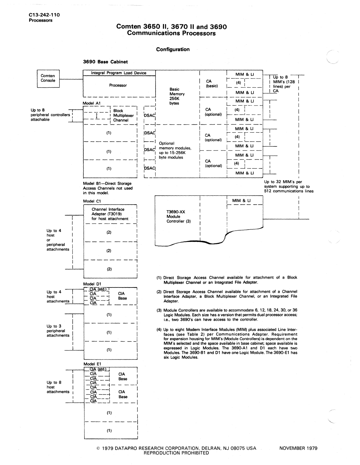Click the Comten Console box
(x=48, y=78)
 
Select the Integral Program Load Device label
(x=119, y=73)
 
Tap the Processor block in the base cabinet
(x=118, y=85)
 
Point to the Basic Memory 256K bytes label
(x=177, y=96)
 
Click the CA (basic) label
(x=211, y=83)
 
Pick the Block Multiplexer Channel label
(x=123, y=116)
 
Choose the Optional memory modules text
(x=175, y=150)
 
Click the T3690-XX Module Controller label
(x=179, y=217)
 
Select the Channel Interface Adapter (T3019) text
(x=110, y=214)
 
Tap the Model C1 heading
(x=92, y=201)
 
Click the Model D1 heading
(x=92, y=284)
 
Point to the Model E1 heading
(x=92, y=364)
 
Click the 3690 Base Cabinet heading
(x=105, y=62)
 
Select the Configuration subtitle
(x=173, y=49)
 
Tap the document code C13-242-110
(x=44, y=15)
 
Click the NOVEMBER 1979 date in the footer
(x=298, y=448)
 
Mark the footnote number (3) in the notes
(x=159, y=310)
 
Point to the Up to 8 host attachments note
(x=58, y=387)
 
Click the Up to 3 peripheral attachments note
(x=58, y=331)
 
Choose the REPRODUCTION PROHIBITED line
(x=176, y=453)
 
